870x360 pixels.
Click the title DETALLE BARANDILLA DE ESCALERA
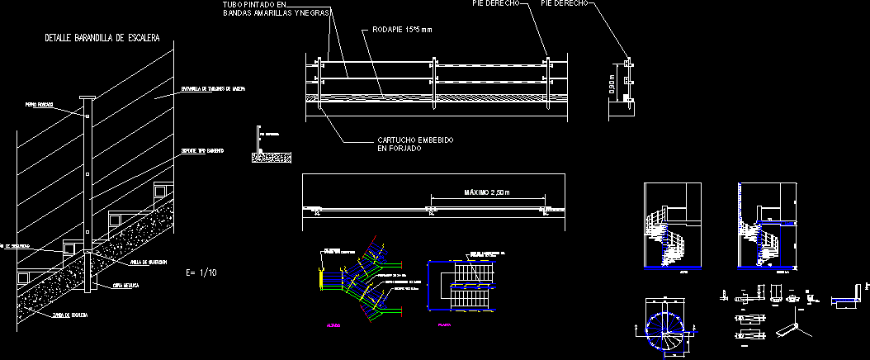pos(102,38)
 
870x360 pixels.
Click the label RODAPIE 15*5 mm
pos(402,30)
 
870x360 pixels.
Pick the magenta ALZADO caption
pos(333,326)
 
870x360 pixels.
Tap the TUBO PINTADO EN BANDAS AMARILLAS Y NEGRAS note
pos(277,9)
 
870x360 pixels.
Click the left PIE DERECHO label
pos(495,4)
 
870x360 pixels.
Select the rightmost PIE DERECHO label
pos(564,4)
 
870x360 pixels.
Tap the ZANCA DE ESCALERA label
pos(69,315)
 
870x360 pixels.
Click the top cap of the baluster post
pos(87,98)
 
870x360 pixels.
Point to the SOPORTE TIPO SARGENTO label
pos(201,152)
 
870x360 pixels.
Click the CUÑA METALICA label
pos(125,285)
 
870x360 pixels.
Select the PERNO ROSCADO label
pos(40,105)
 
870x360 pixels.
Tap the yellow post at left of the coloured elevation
pos(321,272)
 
